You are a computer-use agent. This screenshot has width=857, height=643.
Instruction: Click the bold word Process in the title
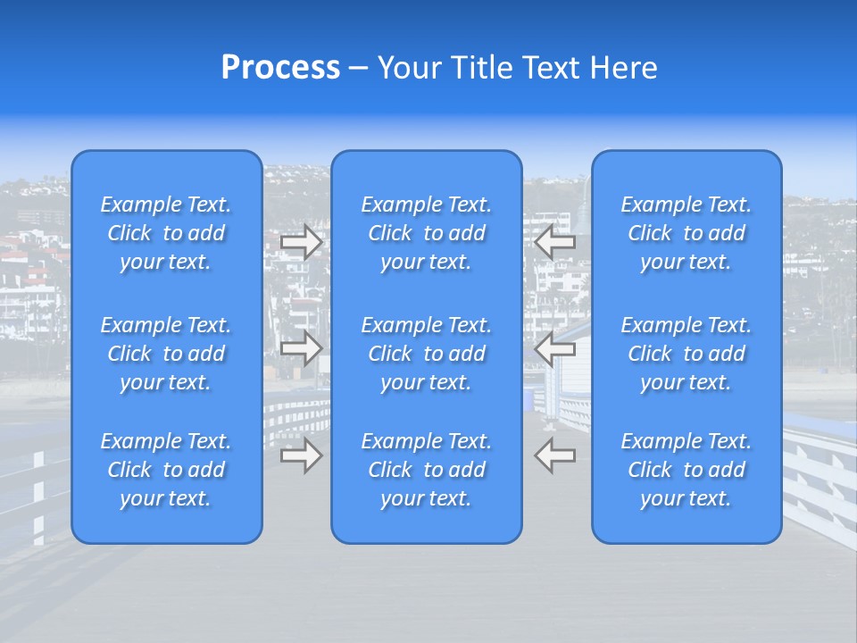click(280, 68)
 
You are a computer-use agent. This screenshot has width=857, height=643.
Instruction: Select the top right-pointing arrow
click(302, 243)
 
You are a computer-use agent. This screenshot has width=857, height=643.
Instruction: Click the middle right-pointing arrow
click(302, 348)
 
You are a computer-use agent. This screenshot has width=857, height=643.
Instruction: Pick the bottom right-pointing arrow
click(302, 455)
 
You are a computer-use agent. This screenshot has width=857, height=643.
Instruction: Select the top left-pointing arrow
click(554, 243)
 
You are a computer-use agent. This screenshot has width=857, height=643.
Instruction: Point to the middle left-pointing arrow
click(554, 348)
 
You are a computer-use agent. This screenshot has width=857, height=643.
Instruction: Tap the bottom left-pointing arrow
click(554, 455)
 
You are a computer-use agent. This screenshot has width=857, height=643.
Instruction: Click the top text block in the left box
click(166, 233)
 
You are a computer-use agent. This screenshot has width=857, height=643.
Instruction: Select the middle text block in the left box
click(166, 354)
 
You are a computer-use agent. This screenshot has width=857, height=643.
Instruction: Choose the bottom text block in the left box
click(166, 470)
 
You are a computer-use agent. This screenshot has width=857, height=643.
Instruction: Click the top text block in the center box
click(426, 233)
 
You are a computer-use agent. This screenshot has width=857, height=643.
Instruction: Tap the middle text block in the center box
click(426, 354)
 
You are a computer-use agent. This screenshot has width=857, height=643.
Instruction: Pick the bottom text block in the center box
click(426, 470)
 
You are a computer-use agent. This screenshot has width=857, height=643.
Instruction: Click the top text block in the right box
click(686, 233)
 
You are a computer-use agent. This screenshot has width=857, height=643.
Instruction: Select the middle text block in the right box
click(686, 354)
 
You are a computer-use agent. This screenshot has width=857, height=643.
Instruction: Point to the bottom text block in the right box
click(686, 470)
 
